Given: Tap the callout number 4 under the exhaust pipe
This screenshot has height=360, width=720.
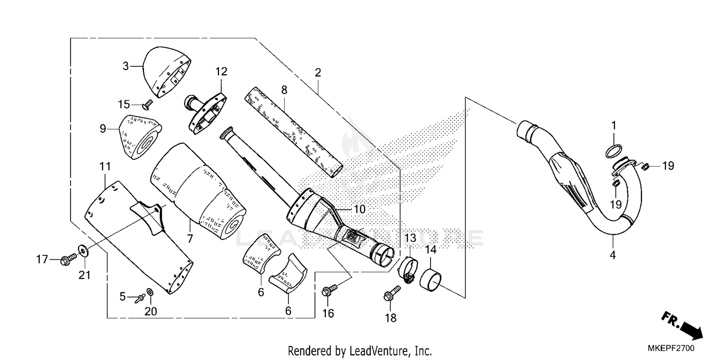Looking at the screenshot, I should pos(612,255).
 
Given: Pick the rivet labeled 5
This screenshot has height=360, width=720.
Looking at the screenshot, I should pos(141,297).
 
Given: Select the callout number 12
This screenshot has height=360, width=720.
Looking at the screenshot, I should pos(221,72).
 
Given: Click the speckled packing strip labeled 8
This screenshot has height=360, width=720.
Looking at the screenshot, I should pos(295,131).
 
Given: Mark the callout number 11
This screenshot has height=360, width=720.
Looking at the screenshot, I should pos(105,167).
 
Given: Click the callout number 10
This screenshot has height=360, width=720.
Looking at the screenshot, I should pos(360,209).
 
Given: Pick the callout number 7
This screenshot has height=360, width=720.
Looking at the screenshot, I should pos(190,239).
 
